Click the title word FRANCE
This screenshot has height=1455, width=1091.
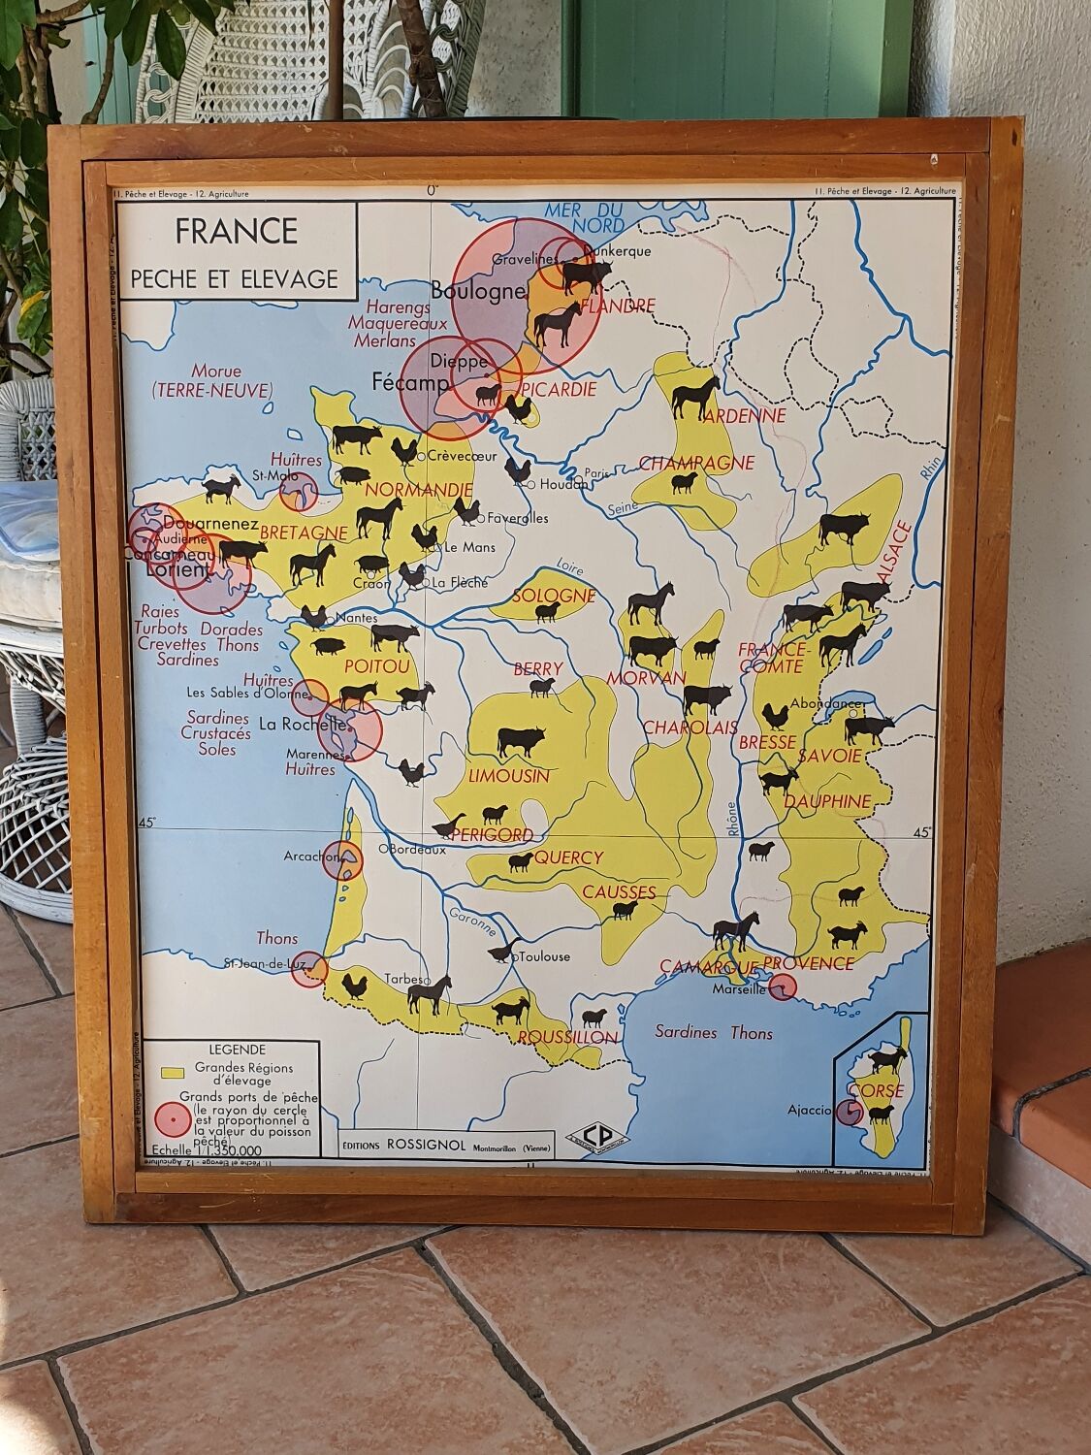236,231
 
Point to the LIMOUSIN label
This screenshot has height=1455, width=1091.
508,776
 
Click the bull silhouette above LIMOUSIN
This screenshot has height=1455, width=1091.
521,741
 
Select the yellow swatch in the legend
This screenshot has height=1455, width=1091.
173,1074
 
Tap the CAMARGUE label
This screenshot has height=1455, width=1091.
708,966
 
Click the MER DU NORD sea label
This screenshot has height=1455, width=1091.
583,217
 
